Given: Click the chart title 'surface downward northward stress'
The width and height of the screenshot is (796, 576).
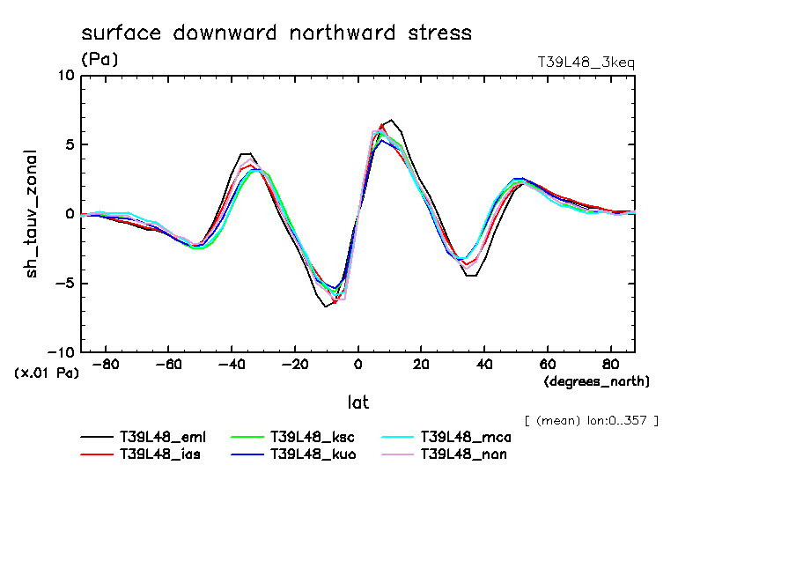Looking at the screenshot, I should [x=276, y=33].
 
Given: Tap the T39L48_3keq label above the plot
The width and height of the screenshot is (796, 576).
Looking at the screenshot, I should [x=586, y=63].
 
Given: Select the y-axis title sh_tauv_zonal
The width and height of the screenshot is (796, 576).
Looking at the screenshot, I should [x=33, y=214].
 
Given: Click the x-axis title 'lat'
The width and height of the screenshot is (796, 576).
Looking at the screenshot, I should [x=357, y=402].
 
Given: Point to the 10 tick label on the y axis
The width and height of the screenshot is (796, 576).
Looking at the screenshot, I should [x=66, y=76].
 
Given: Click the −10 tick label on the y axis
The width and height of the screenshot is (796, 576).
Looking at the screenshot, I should [x=62, y=352].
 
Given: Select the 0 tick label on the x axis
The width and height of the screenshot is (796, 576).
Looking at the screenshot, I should [x=358, y=364].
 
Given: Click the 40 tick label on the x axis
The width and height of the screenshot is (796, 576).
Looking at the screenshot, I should [x=484, y=364].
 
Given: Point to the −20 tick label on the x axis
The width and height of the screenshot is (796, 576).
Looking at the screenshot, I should [x=294, y=364].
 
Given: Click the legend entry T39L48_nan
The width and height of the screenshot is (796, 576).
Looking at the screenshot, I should [x=464, y=454].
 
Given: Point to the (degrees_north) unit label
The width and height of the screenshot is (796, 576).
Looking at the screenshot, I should [x=596, y=381].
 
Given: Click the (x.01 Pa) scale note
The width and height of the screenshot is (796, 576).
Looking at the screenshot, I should [x=47, y=373].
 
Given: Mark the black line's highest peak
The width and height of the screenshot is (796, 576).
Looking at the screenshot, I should [x=391, y=120].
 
